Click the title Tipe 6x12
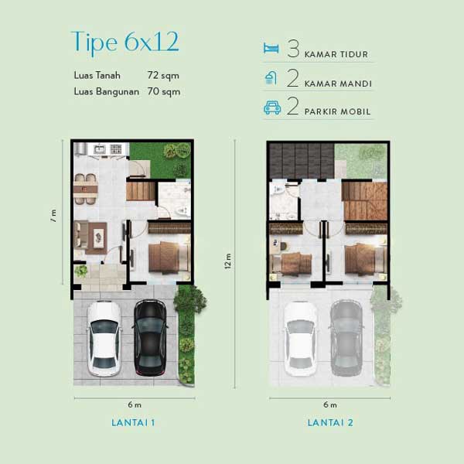coord(125,43)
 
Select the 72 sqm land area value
coord(163,76)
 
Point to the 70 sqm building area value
coord(164,91)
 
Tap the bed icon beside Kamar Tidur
coord(271,48)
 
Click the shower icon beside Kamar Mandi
coord(271,77)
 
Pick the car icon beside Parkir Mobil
coord(272,107)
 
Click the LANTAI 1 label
coord(133,422)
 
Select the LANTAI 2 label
coord(330,422)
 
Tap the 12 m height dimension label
coord(227,261)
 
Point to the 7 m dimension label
coord(53,216)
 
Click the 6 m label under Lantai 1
coord(135,404)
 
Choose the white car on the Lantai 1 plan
coord(104,339)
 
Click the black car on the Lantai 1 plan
coord(150,338)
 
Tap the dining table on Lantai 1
coord(86,189)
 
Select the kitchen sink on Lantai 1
coord(100,149)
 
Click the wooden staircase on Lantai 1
coord(141,191)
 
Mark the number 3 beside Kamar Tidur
coord(293,49)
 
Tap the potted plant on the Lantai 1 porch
coord(80,271)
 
